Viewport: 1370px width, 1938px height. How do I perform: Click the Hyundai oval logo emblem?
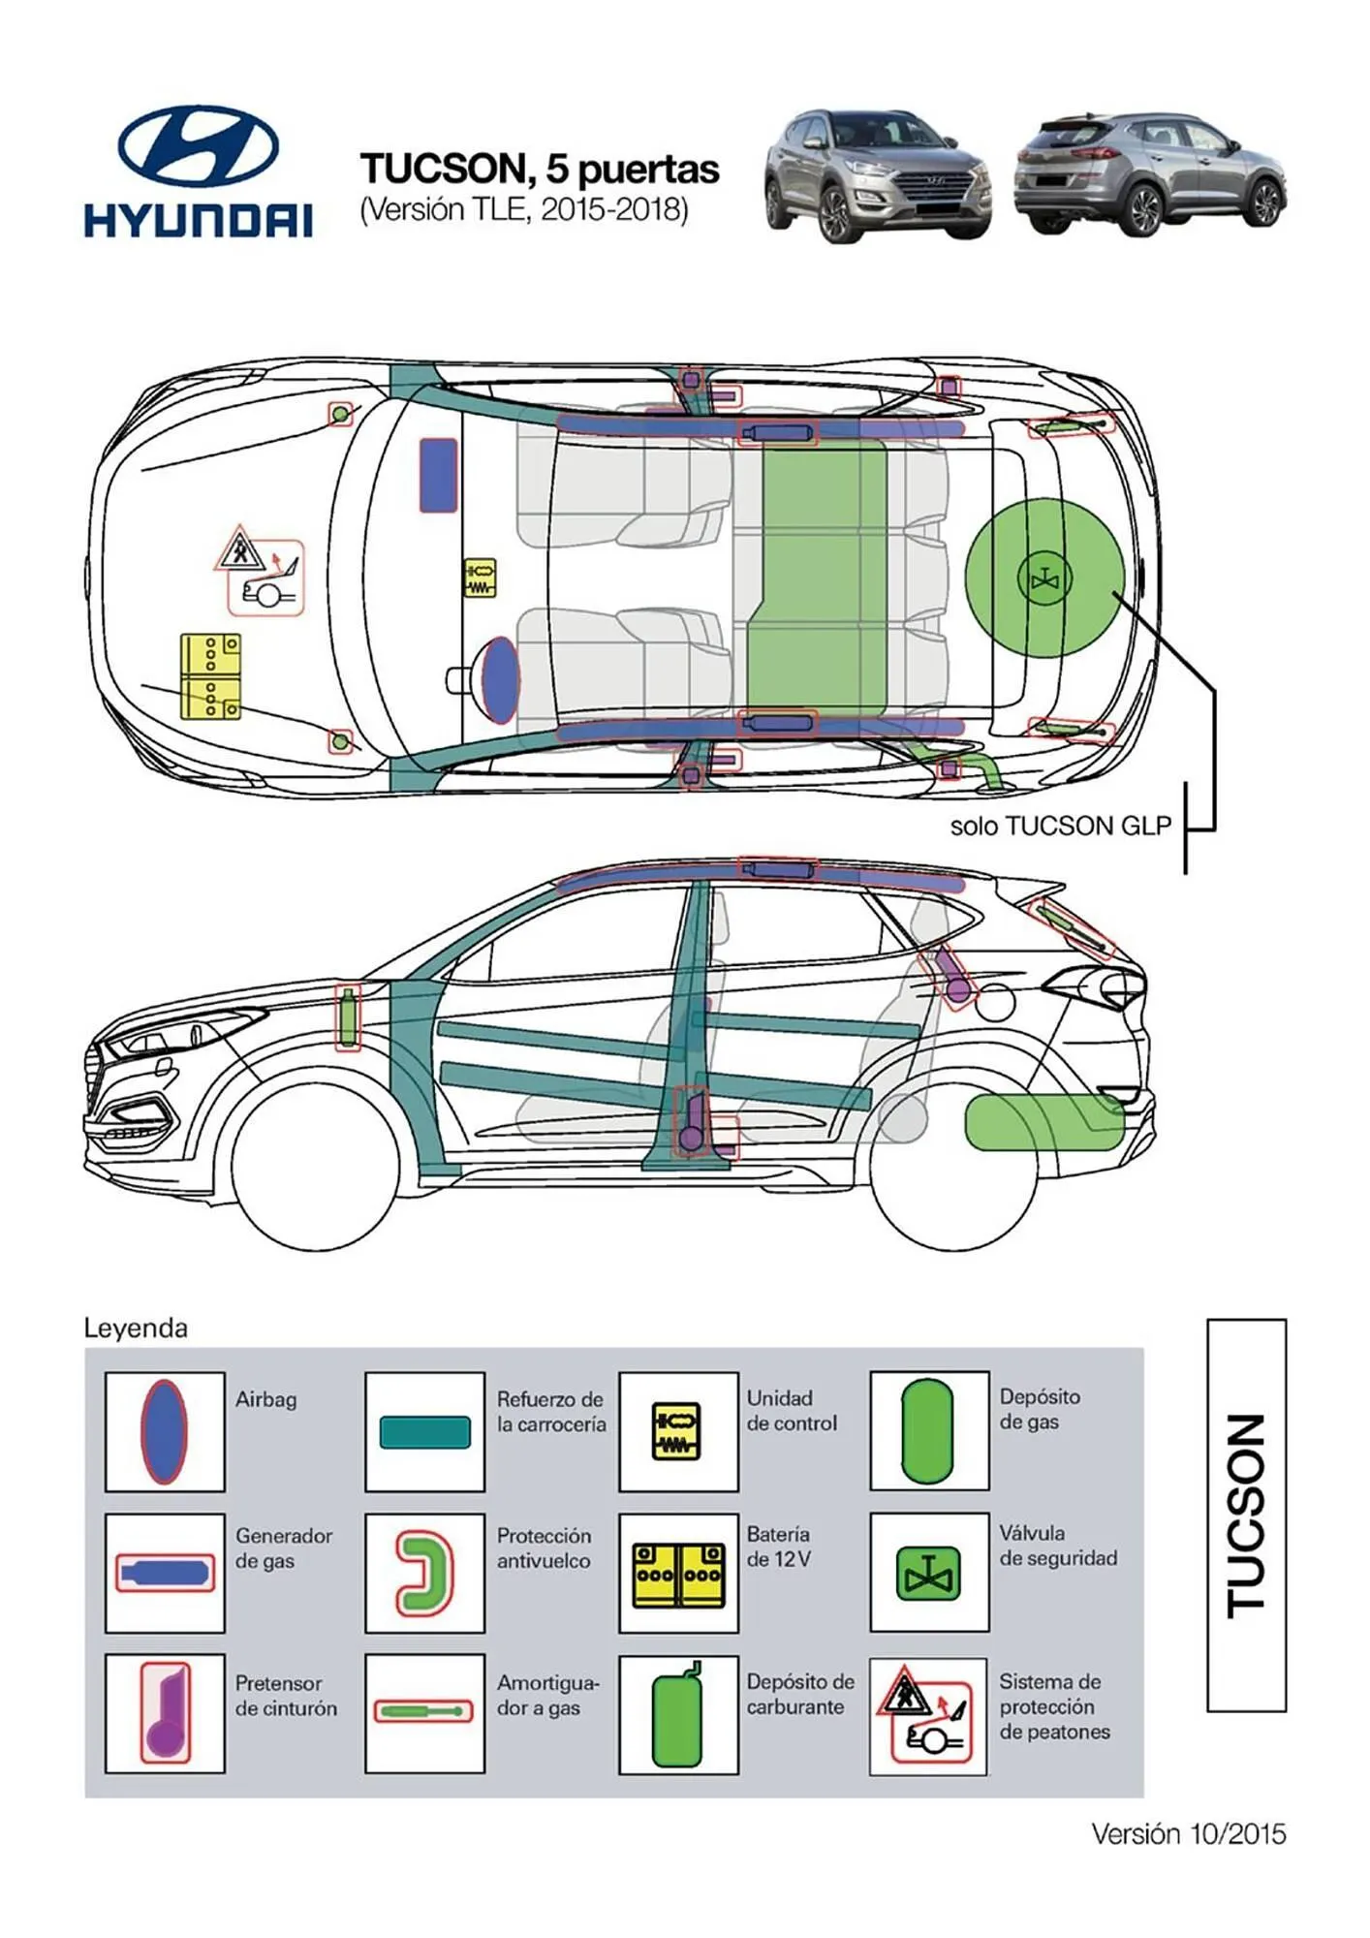pos(198,145)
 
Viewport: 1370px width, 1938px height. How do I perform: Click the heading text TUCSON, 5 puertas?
pos(540,169)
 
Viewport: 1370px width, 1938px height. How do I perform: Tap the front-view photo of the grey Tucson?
pos(877,174)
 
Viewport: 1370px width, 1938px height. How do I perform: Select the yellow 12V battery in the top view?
pos(210,676)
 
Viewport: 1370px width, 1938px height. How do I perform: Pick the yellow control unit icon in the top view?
pos(480,578)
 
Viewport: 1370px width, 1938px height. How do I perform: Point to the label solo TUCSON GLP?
pos(1060,826)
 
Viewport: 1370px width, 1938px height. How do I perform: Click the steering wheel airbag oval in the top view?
pos(500,679)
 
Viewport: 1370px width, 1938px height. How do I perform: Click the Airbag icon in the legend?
pos(164,1431)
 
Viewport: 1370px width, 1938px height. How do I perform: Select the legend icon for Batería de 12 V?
pos(678,1574)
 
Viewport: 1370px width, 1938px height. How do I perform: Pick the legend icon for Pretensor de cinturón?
pos(165,1713)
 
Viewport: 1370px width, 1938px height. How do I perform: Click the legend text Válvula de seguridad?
pos(1057,1546)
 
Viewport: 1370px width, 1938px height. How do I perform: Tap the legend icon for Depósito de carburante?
pos(677,1713)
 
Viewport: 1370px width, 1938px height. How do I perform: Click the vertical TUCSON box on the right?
pos(1246,1515)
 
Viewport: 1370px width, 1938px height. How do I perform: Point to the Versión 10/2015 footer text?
pos(1188,1833)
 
